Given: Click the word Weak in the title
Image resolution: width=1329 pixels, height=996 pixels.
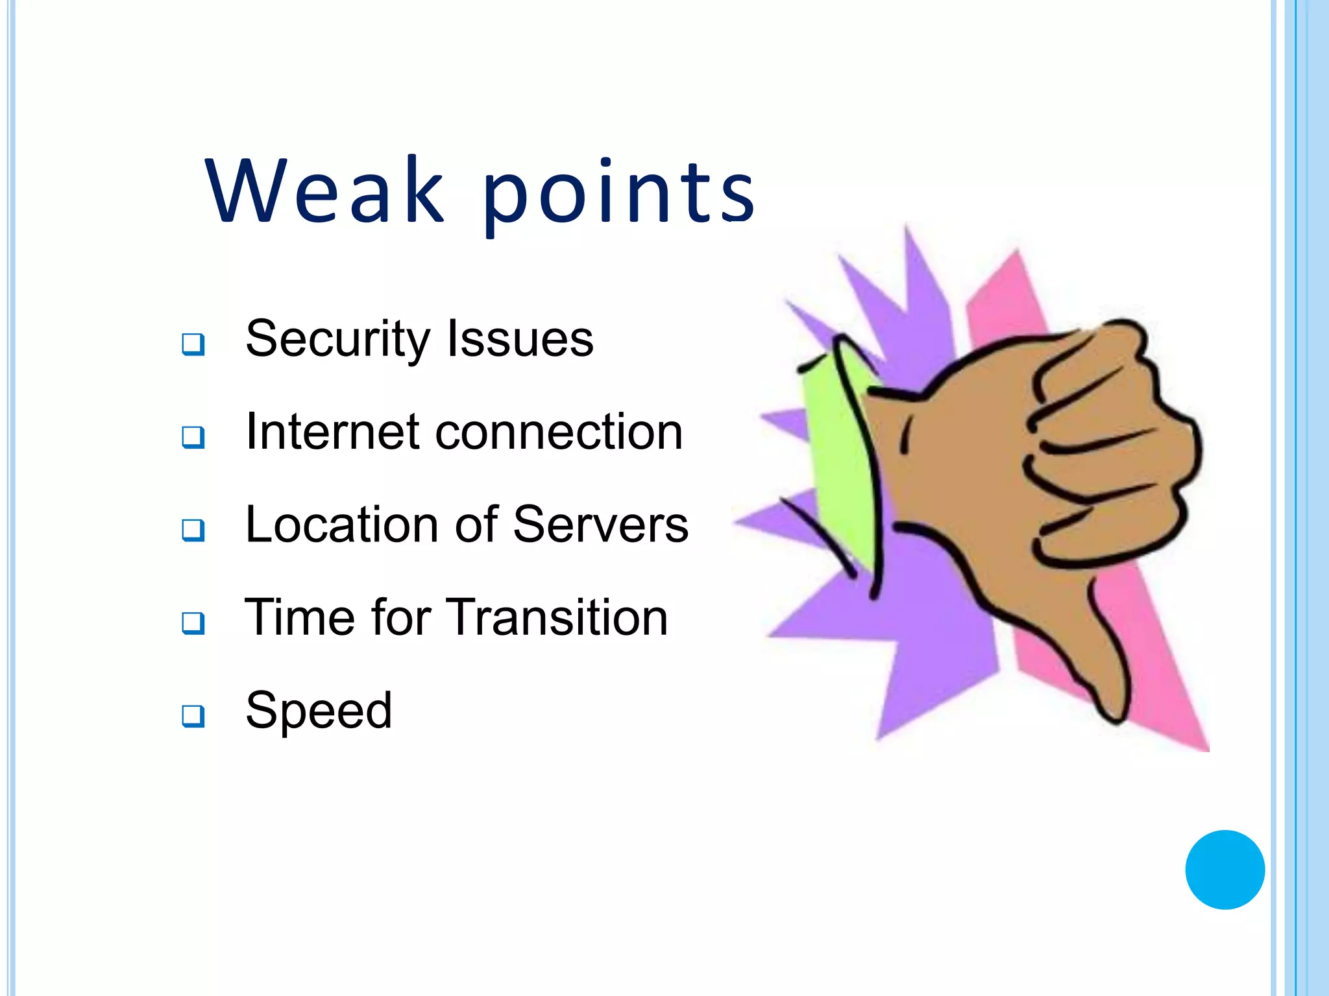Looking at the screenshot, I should point(324,191).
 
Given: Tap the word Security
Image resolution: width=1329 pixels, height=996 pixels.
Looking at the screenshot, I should point(337,340).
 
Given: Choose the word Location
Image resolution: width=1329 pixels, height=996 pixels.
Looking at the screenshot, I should point(341,525).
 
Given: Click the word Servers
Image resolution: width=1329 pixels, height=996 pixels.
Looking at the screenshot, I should point(600,525).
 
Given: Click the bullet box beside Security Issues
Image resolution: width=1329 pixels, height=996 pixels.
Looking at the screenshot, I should point(193,344).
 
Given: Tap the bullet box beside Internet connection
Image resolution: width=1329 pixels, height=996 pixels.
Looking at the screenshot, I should point(193,437).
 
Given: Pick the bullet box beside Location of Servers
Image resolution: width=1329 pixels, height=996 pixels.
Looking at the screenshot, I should point(193,530).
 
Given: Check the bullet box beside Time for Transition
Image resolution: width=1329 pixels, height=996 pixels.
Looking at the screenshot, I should point(193,622).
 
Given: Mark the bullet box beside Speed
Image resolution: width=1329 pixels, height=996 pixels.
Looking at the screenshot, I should point(193,716).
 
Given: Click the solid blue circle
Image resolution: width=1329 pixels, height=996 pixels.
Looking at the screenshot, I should point(1225,870).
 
